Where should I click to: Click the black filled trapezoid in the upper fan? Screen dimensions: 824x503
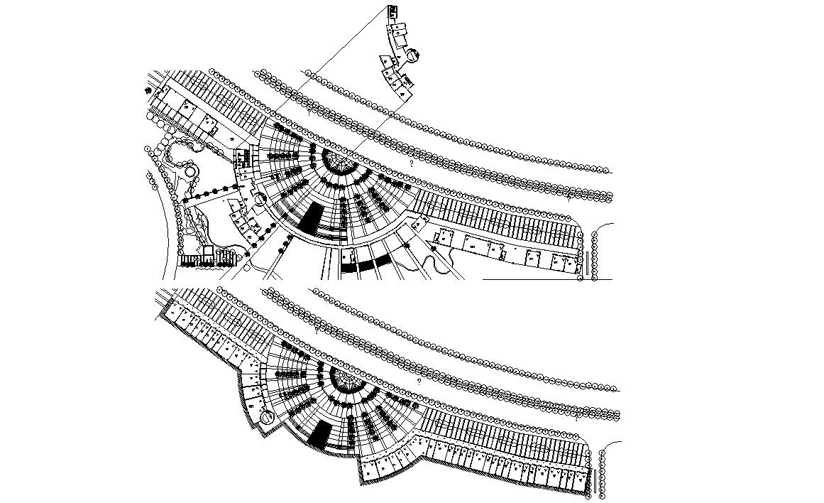[x=310, y=216]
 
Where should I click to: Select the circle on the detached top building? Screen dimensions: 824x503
[x=412, y=53]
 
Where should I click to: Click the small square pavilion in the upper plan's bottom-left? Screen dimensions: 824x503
[x=208, y=250]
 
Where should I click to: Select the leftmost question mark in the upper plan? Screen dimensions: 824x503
[x=309, y=110]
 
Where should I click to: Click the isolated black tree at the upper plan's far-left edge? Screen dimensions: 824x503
[x=149, y=91]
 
